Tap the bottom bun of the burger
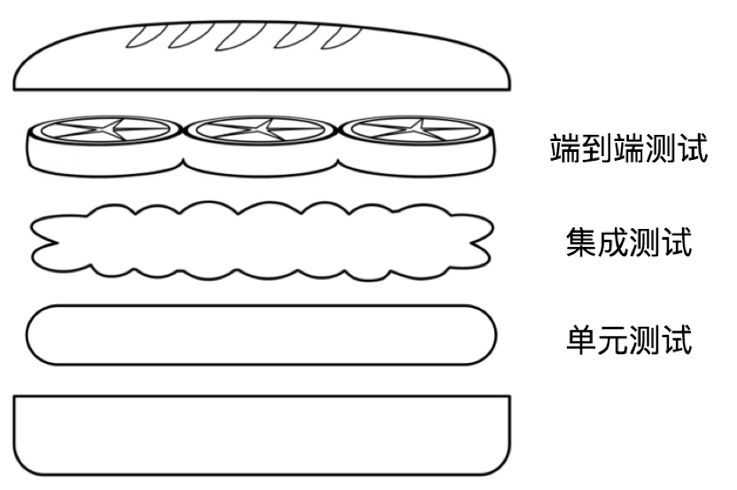(262, 435)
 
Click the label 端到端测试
(629, 147)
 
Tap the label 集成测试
(629, 241)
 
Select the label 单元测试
(629, 339)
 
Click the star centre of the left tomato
(106, 129)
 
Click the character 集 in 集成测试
(581, 241)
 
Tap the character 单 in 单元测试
(581, 339)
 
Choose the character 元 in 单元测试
(613, 339)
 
